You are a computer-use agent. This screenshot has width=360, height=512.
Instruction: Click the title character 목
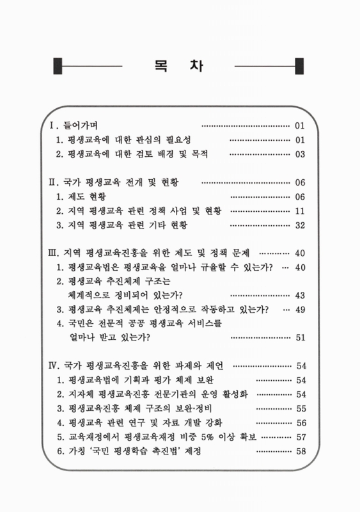[160, 66]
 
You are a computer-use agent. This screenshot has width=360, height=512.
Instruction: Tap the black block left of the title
[58, 66]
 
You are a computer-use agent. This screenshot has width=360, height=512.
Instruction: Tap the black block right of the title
[299, 66]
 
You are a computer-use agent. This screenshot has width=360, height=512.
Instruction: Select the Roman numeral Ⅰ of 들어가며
[53, 124]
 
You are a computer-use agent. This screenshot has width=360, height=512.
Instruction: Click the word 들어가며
[80, 124]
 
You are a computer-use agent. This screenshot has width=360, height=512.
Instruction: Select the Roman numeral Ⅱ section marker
[54, 182]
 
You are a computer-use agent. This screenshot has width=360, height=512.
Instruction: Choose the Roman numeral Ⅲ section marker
[54, 253]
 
